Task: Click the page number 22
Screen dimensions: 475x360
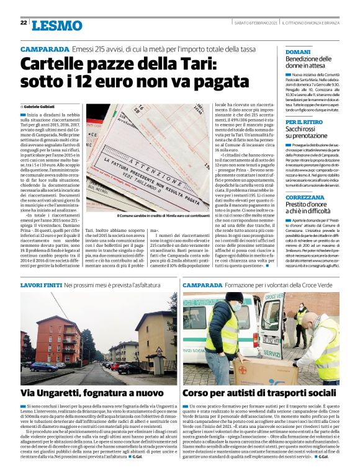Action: (x=23, y=23)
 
